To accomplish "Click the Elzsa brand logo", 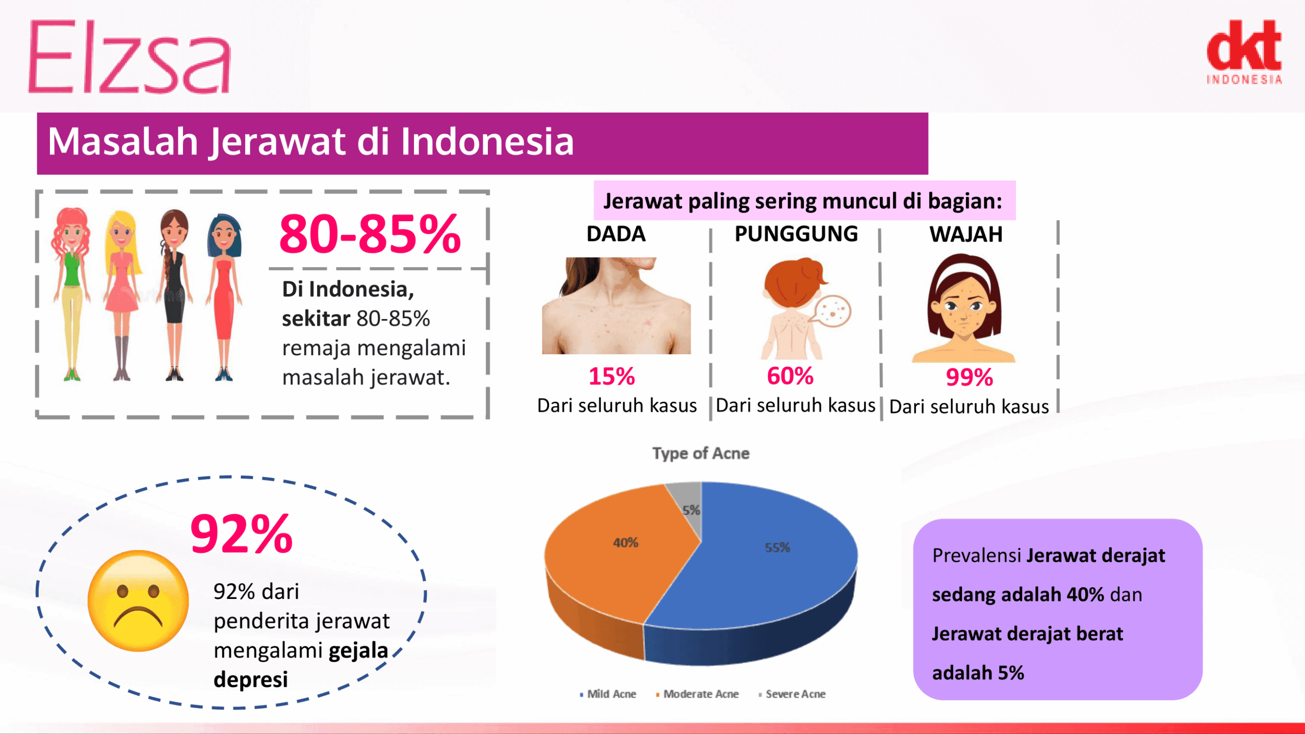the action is pos(129,57).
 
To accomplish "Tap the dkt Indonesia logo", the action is pos(1244,51).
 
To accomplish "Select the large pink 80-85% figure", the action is pos(370,234).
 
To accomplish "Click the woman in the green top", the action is pos(71,294).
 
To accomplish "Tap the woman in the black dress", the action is pos(174,295).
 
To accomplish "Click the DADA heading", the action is pos(616,234).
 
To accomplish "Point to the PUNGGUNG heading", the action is pos(796,234).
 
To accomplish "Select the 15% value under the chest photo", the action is pos(612,376).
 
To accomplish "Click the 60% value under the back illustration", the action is pos(790,376).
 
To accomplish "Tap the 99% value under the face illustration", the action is pos(969,378).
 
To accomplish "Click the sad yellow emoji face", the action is pos(138,600).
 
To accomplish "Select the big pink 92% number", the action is pos(242,534).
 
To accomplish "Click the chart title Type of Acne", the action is pos(701,453).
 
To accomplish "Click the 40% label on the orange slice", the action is pos(625,542).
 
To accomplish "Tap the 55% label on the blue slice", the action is pos(777,547).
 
